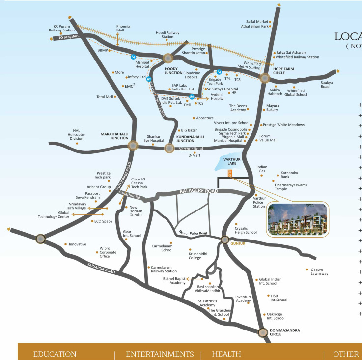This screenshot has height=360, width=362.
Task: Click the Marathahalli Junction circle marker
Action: coord(132,145)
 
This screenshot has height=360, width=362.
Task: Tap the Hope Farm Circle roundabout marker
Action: coord(265,77)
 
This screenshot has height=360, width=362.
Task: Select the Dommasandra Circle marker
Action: coord(263,332)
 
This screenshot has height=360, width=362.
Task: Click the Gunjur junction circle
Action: coord(224,240)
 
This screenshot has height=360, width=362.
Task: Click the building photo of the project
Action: coord(296,219)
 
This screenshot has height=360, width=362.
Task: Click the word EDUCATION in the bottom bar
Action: coord(55,354)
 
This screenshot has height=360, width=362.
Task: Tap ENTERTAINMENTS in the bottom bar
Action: coord(160,354)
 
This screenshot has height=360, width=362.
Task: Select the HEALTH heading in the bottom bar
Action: coord(226,354)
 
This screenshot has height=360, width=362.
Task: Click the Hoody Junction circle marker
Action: coord(168,58)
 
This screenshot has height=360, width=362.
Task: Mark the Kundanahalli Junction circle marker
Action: coord(169,148)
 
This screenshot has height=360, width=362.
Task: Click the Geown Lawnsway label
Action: coord(319,271)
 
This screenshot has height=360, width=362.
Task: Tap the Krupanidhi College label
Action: coord(195,255)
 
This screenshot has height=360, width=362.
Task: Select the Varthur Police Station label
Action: coord(259,202)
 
